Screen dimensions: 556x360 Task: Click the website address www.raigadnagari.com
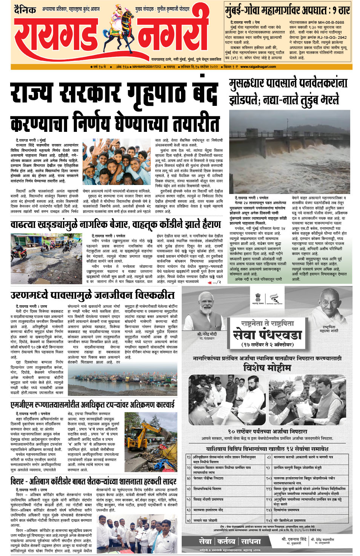(258, 67)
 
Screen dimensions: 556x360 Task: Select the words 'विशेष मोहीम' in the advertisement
(267, 367)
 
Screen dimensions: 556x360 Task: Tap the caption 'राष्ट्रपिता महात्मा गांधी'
(329, 329)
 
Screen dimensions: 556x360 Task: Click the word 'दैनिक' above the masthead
(25, 9)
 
